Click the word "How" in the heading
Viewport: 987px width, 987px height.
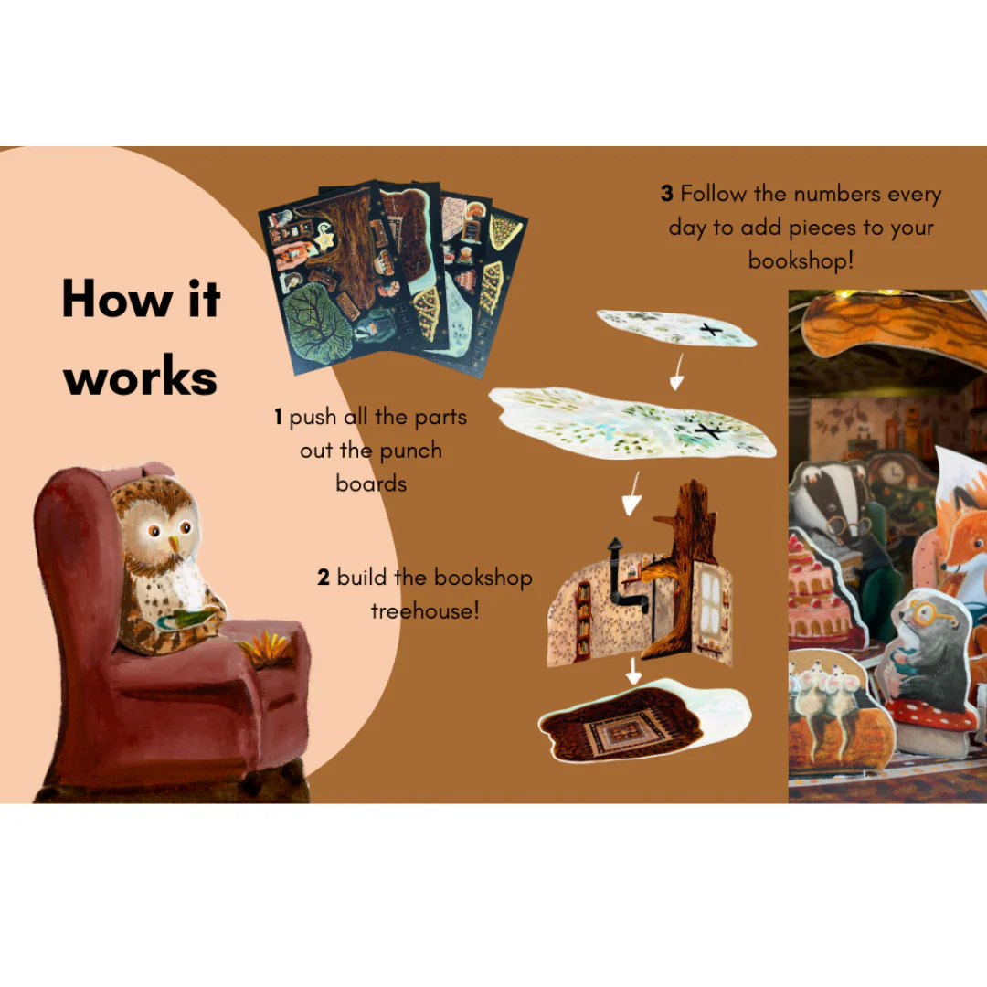click(117, 298)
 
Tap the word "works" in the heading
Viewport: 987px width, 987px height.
click(141, 377)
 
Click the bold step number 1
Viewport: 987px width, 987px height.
click(278, 417)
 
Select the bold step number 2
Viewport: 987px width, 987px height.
click(324, 578)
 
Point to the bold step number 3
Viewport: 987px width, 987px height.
click(667, 194)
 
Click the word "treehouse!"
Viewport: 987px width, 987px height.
click(425, 610)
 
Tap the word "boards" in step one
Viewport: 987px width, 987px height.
click(371, 483)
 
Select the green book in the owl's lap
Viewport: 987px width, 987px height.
click(183, 618)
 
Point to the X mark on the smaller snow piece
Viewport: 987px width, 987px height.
click(711, 329)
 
